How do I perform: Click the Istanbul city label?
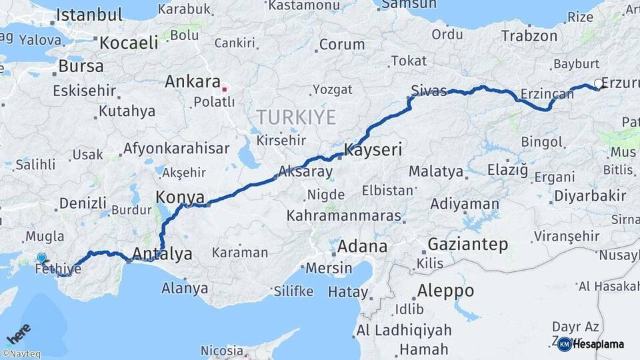(x=89, y=15)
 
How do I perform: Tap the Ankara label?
(x=192, y=82)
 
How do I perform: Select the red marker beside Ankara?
(x=225, y=88)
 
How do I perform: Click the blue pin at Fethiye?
(x=42, y=258)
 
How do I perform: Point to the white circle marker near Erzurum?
(x=598, y=84)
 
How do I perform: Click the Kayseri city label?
(x=373, y=150)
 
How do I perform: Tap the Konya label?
(x=179, y=197)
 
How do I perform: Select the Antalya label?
(x=162, y=253)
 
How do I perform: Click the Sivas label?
(x=429, y=91)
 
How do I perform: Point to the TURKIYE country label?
(x=296, y=118)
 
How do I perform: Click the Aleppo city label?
(x=445, y=291)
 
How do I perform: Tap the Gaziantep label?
(x=468, y=244)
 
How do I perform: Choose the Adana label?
(x=362, y=246)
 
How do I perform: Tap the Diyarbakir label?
(x=589, y=196)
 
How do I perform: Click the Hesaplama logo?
(x=591, y=344)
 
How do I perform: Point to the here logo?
(x=18, y=333)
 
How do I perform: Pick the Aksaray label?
(x=306, y=171)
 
